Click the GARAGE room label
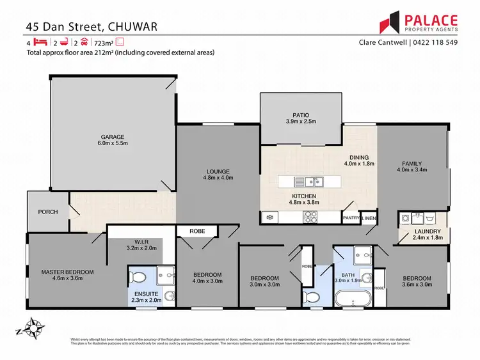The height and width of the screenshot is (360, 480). tap(112, 136)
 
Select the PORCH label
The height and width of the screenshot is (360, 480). tap(48, 212)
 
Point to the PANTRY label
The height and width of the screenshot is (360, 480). tap(350, 219)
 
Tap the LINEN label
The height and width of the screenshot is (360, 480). tap(369, 219)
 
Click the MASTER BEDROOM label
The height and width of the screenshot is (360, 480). tap(67, 272)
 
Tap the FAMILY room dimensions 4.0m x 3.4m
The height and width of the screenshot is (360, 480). tap(412, 170)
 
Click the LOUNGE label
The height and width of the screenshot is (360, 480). tap(218, 171)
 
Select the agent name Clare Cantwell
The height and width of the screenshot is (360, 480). tap(384, 43)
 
